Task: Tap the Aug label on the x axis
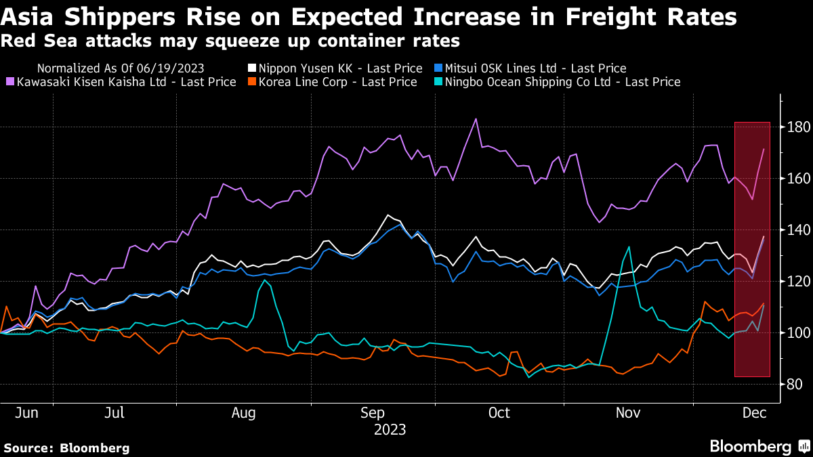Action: pos(243,412)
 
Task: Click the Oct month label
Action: pos(500,412)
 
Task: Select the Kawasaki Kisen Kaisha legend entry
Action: pos(125,82)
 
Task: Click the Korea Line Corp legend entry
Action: pos(339,82)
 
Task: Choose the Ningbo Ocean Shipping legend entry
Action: pos(559,82)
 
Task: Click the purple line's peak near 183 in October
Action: pos(476,119)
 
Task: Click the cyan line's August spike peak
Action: pos(265,280)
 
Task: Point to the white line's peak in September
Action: pos(388,215)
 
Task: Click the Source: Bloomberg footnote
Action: pos(66,448)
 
